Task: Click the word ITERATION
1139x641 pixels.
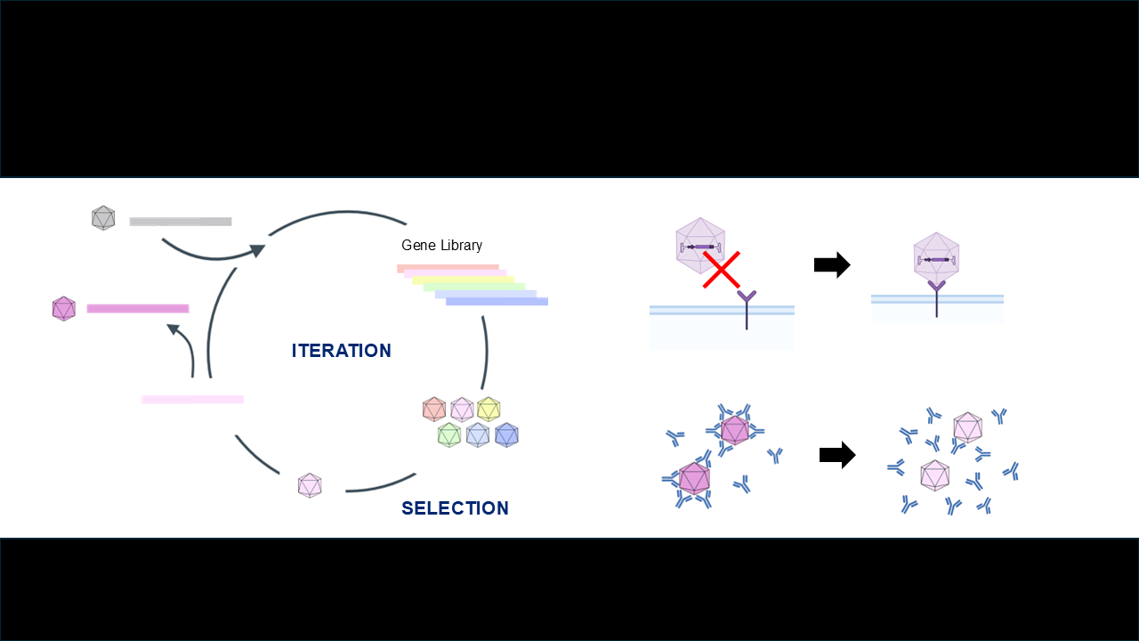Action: pyautogui.click(x=341, y=351)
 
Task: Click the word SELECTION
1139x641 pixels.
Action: pyautogui.click(x=455, y=508)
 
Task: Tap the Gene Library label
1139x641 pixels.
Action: pyautogui.click(x=441, y=246)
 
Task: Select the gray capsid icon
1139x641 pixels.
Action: pyautogui.click(x=103, y=217)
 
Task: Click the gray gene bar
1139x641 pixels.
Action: pyautogui.click(x=180, y=221)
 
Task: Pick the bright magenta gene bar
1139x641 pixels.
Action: pyautogui.click(x=138, y=308)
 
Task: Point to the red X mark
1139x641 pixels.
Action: pyautogui.click(x=722, y=269)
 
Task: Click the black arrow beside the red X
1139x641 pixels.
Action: pyautogui.click(x=832, y=265)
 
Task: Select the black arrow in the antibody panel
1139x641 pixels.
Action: pyautogui.click(x=836, y=456)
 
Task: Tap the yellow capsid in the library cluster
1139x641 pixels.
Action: pyautogui.click(x=489, y=410)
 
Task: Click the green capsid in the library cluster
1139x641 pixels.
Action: pyautogui.click(x=449, y=434)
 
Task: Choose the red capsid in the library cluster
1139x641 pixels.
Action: pyautogui.click(x=433, y=410)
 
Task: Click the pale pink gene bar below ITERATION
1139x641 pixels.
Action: pyautogui.click(x=192, y=399)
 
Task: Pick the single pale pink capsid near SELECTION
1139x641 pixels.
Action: pyautogui.click(x=309, y=485)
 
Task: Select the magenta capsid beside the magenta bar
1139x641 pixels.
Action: pyautogui.click(x=63, y=308)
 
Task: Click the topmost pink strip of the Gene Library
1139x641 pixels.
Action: pyautogui.click(x=448, y=267)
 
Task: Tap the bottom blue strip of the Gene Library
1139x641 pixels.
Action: pyautogui.click(x=497, y=302)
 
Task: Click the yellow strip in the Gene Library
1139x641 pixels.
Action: pyautogui.click(x=463, y=280)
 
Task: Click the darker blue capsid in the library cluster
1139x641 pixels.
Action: pyautogui.click(x=506, y=434)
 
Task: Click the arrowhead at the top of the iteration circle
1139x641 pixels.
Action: pyautogui.click(x=258, y=250)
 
